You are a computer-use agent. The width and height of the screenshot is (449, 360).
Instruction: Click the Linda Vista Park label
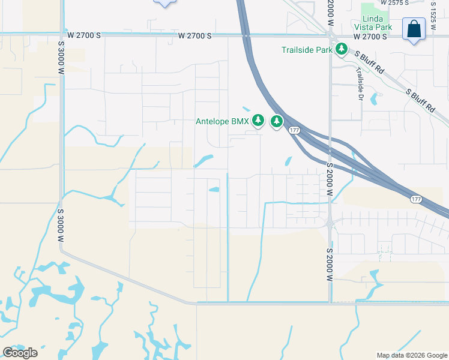(x=377, y=23)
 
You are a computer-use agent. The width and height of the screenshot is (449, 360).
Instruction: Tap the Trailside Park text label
(x=307, y=50)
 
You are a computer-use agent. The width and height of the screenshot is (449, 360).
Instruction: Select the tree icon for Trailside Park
(x=341, y=49)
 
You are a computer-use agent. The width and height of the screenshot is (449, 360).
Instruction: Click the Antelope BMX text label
(x=222, y=121)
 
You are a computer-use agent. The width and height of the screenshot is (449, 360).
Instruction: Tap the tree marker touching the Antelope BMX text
(x=258, y=121)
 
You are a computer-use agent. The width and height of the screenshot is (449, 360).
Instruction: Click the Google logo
(x=20, y=352)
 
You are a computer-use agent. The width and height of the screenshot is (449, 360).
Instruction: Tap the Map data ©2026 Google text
(x=412, y=355)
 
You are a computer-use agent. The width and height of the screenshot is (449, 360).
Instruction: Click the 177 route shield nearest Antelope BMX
(x=294, y=130)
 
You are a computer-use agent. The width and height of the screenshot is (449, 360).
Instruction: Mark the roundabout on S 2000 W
(x=330, y=223)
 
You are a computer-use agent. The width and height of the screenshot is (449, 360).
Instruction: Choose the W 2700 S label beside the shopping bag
(x=370, y=37)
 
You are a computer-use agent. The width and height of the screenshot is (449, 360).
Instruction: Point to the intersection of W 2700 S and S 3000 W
(x=61, y=35)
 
